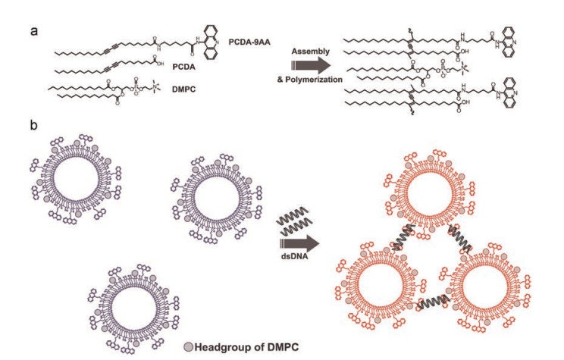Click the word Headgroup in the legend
pyautogui.click(x=219, y=346)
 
